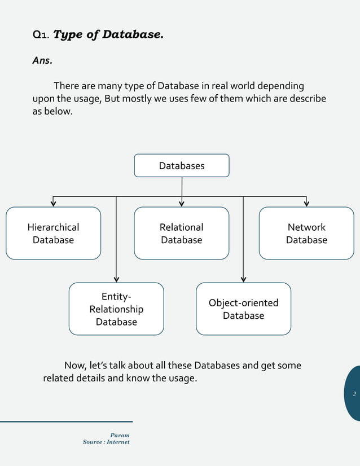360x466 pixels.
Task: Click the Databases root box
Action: [181, 166]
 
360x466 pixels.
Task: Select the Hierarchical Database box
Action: [53, 234]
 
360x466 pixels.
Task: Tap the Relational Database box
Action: [181, 234]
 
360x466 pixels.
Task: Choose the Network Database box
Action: [306, 234]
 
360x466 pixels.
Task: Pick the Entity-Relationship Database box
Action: [116, 309]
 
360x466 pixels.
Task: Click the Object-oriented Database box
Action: [243, 309]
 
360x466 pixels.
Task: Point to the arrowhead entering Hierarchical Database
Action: [54, 204]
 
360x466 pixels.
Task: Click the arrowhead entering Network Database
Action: [306, 204]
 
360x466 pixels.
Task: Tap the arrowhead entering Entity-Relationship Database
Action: [116, 279]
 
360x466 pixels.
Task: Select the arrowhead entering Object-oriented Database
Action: [243, 279]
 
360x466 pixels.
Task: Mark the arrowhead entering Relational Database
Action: [182, 204]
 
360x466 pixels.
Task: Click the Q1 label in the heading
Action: [41, 35]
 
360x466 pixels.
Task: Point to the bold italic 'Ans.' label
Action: [42, 61]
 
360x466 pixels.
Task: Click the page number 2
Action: [354, 394]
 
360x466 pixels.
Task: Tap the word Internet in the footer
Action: [117, 442]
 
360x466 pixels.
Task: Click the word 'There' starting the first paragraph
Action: [66, 86]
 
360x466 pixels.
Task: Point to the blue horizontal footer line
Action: [66, 421]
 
